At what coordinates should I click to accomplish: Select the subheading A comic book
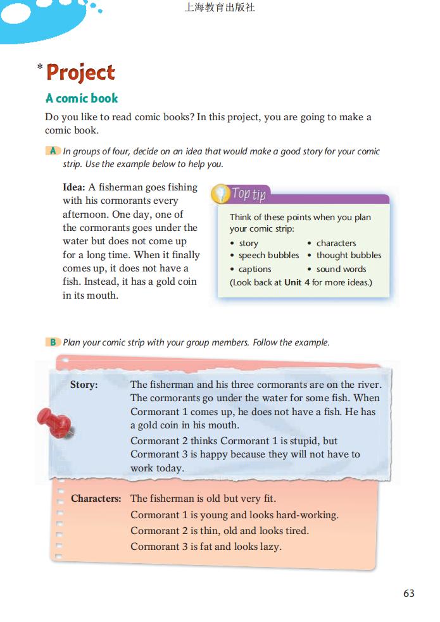82,98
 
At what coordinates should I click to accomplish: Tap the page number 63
408,593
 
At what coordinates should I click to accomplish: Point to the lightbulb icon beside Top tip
219,192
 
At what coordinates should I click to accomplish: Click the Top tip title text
248,194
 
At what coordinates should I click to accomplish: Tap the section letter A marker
53,151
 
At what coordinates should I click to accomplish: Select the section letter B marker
53,342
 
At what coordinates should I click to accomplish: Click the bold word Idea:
74,187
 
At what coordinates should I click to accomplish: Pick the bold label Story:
84,384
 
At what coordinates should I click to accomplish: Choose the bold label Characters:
96,499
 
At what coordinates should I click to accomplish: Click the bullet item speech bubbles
268,255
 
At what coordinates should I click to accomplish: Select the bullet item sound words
341,269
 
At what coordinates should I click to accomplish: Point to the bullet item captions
255,269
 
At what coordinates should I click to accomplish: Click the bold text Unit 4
297,282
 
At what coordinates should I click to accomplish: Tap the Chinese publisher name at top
220,8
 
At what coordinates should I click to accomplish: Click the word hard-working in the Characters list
306,514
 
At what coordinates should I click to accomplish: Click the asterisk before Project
40,66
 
